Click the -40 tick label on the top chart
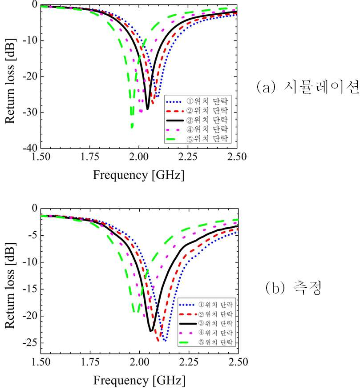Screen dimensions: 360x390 coord(30,148)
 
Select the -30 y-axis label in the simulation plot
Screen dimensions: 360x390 coord(30,112)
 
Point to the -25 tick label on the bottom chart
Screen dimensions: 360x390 coord(30,343)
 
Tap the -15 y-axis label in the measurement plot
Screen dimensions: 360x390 coord(30,289)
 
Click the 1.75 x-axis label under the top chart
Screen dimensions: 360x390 coord(89,157)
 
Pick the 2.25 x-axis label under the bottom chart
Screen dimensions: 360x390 coord(189,362)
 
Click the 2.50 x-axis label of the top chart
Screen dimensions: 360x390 coord(237,157)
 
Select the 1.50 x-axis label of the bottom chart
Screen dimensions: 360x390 coord(41,362)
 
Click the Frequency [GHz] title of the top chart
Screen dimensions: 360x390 coord(139,175)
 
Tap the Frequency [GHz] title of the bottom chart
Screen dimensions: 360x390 coord(139,381)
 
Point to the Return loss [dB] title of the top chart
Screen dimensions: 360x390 coord(10,81)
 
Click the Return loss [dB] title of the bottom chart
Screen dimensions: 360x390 coord(10,285)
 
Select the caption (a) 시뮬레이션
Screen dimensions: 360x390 coord(308,87)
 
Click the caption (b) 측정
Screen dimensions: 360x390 coord(294,288)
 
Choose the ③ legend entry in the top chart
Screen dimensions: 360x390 coord(197,120)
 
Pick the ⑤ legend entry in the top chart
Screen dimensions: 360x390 coord(197,139)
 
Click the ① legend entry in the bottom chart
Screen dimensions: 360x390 coord(206,305)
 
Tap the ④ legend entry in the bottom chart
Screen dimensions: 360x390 coord(206,333)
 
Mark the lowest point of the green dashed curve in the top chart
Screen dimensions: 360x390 coord(132,128)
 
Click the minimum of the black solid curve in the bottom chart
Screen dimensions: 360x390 coord(151,331)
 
